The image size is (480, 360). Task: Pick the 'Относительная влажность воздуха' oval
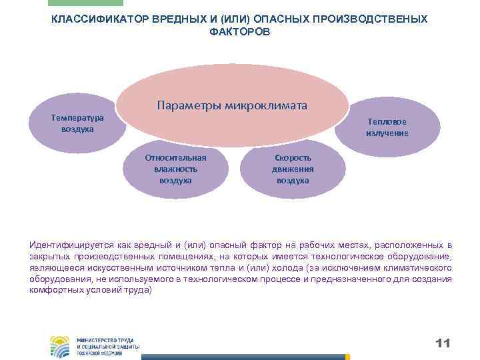(x=175, y=169)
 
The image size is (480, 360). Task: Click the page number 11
(x=443, y=343)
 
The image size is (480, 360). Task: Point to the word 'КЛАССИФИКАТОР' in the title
(x=93, y=19)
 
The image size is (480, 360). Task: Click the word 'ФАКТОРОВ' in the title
(x=240, y=32)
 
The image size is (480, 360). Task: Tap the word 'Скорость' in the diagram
(x=293, y=158)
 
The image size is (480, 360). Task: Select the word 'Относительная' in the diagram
(x=175, y=158)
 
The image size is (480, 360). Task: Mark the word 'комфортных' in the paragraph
(x=55, y=291)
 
